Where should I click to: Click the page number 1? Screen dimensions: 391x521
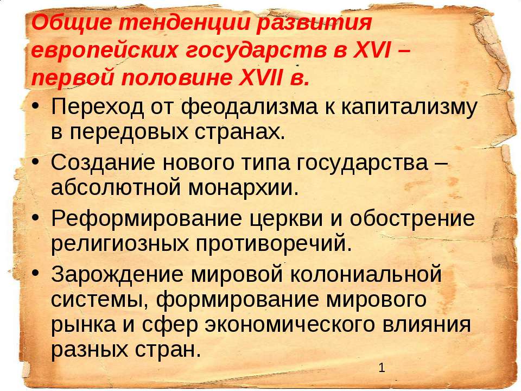[x=382, y=368]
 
